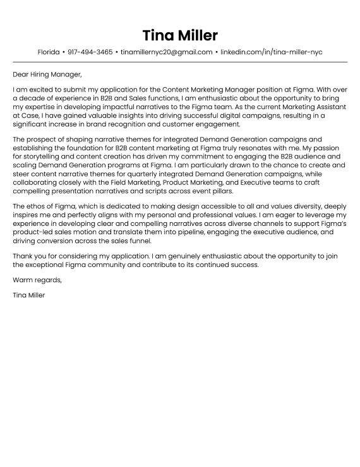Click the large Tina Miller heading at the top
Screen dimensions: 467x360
point(180,34)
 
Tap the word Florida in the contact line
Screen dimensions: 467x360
point(49,52)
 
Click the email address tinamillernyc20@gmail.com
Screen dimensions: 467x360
point(166,52)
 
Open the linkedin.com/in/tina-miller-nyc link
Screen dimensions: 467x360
point(271,52)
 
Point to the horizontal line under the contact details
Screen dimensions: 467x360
point(180,62)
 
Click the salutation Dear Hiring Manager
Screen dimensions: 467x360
point(47,74)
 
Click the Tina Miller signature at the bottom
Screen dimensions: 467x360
point(29,295)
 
